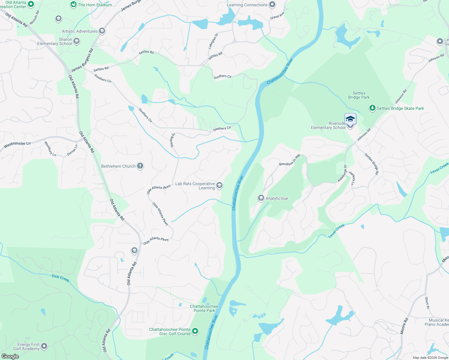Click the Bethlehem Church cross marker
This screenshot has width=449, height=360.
tap(140, 166)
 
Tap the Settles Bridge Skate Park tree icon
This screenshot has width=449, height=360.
tap(372, 108)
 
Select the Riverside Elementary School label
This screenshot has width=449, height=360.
tap(328, 126)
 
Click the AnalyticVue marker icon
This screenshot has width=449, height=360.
tap(261, 198)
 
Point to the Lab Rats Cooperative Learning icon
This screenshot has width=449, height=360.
tap(219, 185)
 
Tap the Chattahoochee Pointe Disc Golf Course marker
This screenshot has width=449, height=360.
tap(195, 331)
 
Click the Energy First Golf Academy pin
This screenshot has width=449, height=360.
tap(44, 346)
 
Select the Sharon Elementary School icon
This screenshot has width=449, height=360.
tap(77, 41)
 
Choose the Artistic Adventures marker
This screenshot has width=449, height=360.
tap(102, 31)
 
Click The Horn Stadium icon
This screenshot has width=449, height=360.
tap(74, 4)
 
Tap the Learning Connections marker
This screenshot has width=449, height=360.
tap(272, 4)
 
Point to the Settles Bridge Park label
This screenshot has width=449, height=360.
tap(359, 95)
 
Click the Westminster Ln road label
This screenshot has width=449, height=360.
tap(17, 145)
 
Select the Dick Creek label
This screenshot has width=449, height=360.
tap(60, 278)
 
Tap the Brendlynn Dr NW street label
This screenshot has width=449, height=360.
tap(289, 160)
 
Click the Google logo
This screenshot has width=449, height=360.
tap(10, 356)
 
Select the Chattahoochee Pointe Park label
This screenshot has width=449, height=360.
tap(204, 308)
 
